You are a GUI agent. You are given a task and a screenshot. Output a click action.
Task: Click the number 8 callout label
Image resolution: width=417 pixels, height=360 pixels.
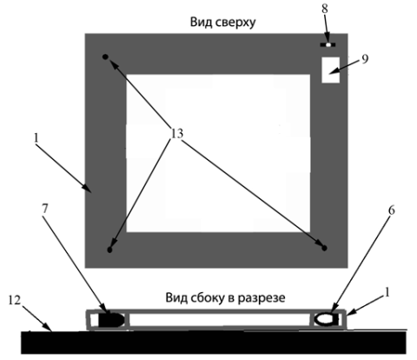(325, 9)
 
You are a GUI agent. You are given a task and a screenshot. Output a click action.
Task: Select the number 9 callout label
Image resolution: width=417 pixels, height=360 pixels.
(365, 59)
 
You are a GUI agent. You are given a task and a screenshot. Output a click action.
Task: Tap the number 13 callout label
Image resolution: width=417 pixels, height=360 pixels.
(177, 134)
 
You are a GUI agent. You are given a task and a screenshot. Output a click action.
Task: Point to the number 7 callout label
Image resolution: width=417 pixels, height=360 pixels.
(44, 210)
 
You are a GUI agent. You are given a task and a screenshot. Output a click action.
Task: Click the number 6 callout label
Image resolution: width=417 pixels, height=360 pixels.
(392, 210)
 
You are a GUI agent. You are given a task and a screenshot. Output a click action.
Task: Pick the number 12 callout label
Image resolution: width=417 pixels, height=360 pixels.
(15, 300)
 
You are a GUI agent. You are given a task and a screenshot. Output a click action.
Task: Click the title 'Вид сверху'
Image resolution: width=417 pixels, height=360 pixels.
(222, 23)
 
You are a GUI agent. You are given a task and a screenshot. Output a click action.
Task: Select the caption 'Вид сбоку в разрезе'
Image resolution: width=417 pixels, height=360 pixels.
(225, 298)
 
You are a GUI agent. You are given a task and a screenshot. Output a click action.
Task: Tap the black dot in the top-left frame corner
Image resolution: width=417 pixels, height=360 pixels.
(105, 57)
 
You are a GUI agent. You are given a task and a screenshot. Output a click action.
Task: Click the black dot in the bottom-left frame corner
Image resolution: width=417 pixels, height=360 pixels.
(109, 250)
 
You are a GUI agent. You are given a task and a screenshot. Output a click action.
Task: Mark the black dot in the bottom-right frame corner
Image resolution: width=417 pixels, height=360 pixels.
(325, 248)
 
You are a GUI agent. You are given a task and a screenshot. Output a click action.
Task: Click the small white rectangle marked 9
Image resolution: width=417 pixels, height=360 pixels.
(330, 70)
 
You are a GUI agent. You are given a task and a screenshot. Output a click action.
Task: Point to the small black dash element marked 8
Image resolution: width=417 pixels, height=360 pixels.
(328, 44)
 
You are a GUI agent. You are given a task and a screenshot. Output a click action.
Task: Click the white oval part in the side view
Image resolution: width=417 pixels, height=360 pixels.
(324, 319)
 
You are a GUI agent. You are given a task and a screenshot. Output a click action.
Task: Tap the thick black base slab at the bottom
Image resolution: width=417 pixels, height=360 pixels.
(214, 343)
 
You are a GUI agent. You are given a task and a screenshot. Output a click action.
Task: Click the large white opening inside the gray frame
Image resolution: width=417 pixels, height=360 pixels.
(218, 153)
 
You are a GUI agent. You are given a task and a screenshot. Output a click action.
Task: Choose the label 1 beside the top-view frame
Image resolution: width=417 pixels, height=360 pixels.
(36, 138)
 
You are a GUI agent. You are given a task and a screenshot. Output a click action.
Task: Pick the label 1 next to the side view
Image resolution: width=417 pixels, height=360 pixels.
(387, 293)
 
